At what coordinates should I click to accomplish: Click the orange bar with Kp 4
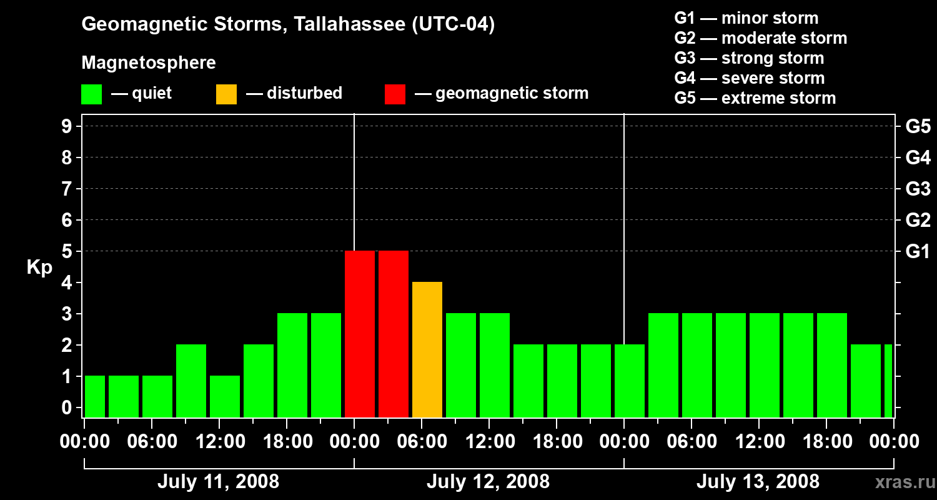tap(427, 349)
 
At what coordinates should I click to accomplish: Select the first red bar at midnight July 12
tap(360, 334)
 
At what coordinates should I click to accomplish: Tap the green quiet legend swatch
tap(91, 94)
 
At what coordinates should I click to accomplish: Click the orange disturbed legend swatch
tap(226, 94)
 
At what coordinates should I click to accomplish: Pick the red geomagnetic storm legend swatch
tap(395, 94)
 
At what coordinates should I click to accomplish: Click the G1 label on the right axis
tap(918, 252)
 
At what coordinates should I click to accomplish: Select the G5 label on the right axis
tap(918, 127)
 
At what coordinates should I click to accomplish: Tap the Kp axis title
tap(39, 267)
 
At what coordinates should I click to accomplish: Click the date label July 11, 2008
tap(218, 482)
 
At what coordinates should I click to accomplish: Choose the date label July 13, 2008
tap(758, 482)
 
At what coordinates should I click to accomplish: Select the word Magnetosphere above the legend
tap(149, 63)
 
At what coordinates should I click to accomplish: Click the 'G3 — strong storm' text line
tap(749, 58)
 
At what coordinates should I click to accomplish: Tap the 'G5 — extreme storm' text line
tap(755, 98)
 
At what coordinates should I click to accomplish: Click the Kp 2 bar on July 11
tap(191, 381)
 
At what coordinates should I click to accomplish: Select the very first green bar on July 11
tap(95, 396)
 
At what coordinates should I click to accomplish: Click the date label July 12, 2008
tap(488, 482)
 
